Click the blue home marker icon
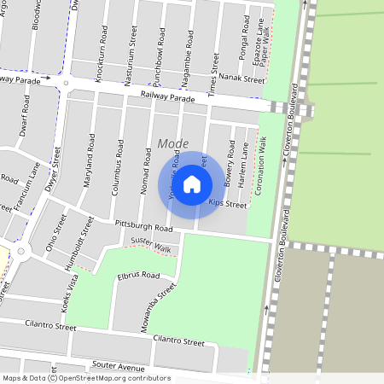[x=192, y=183]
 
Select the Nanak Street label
[x=241, y=80]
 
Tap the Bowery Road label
[x=229, y=166]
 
